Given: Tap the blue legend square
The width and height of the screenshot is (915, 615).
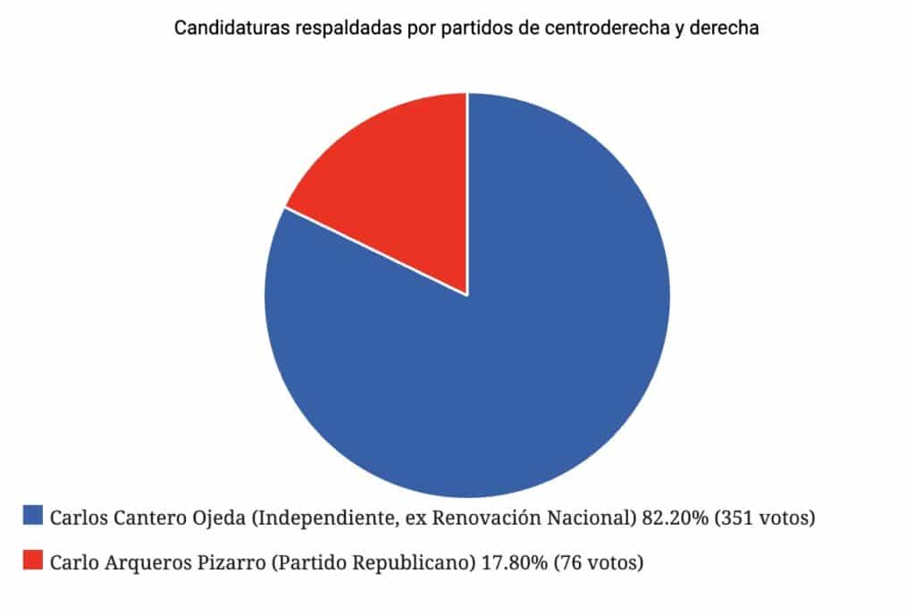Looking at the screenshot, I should (33, 515).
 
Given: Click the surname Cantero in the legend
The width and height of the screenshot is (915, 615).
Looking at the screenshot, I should (143, 517).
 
